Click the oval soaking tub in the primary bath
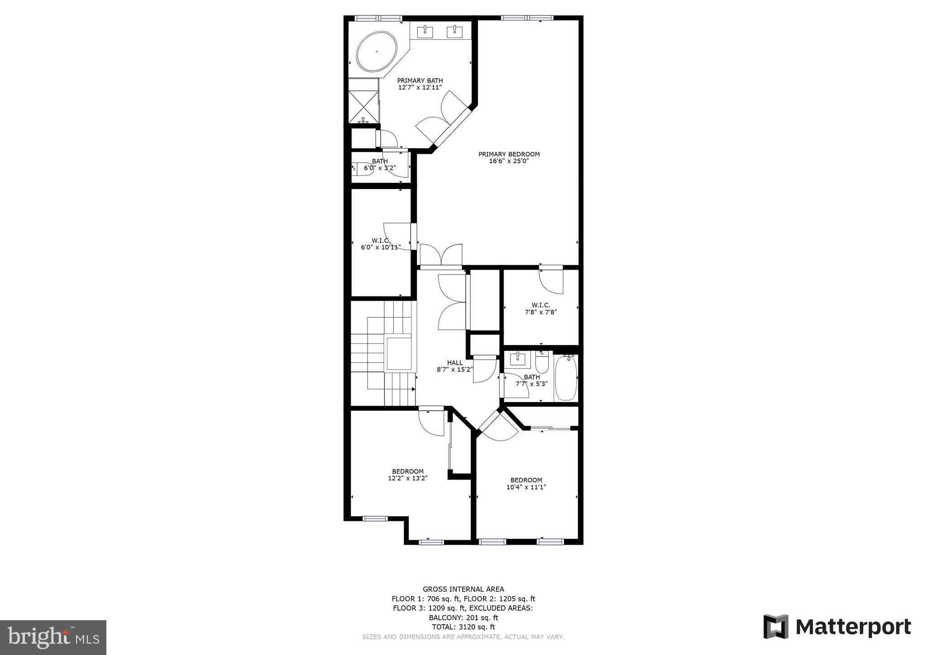point(377,52)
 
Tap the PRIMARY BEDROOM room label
point(509,154)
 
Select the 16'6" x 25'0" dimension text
point(509,161)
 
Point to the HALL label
point(455,363)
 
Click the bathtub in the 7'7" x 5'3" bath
point(566,378)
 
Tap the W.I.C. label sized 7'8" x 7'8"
point(541,305)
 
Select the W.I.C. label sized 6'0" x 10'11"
point(380,240)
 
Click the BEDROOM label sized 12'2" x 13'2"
point(408,471)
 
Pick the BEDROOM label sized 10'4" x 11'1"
point(526,480)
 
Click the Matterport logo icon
point(776,627)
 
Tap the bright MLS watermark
point(53,637)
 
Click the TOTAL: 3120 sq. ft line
point(463,627)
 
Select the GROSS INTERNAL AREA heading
point(463,589)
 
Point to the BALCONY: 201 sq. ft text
point(463,617)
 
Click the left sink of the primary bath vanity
point(425,32)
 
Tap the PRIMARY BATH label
point(420,81)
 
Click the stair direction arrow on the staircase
point(413,389)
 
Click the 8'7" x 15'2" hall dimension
point(455,370)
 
